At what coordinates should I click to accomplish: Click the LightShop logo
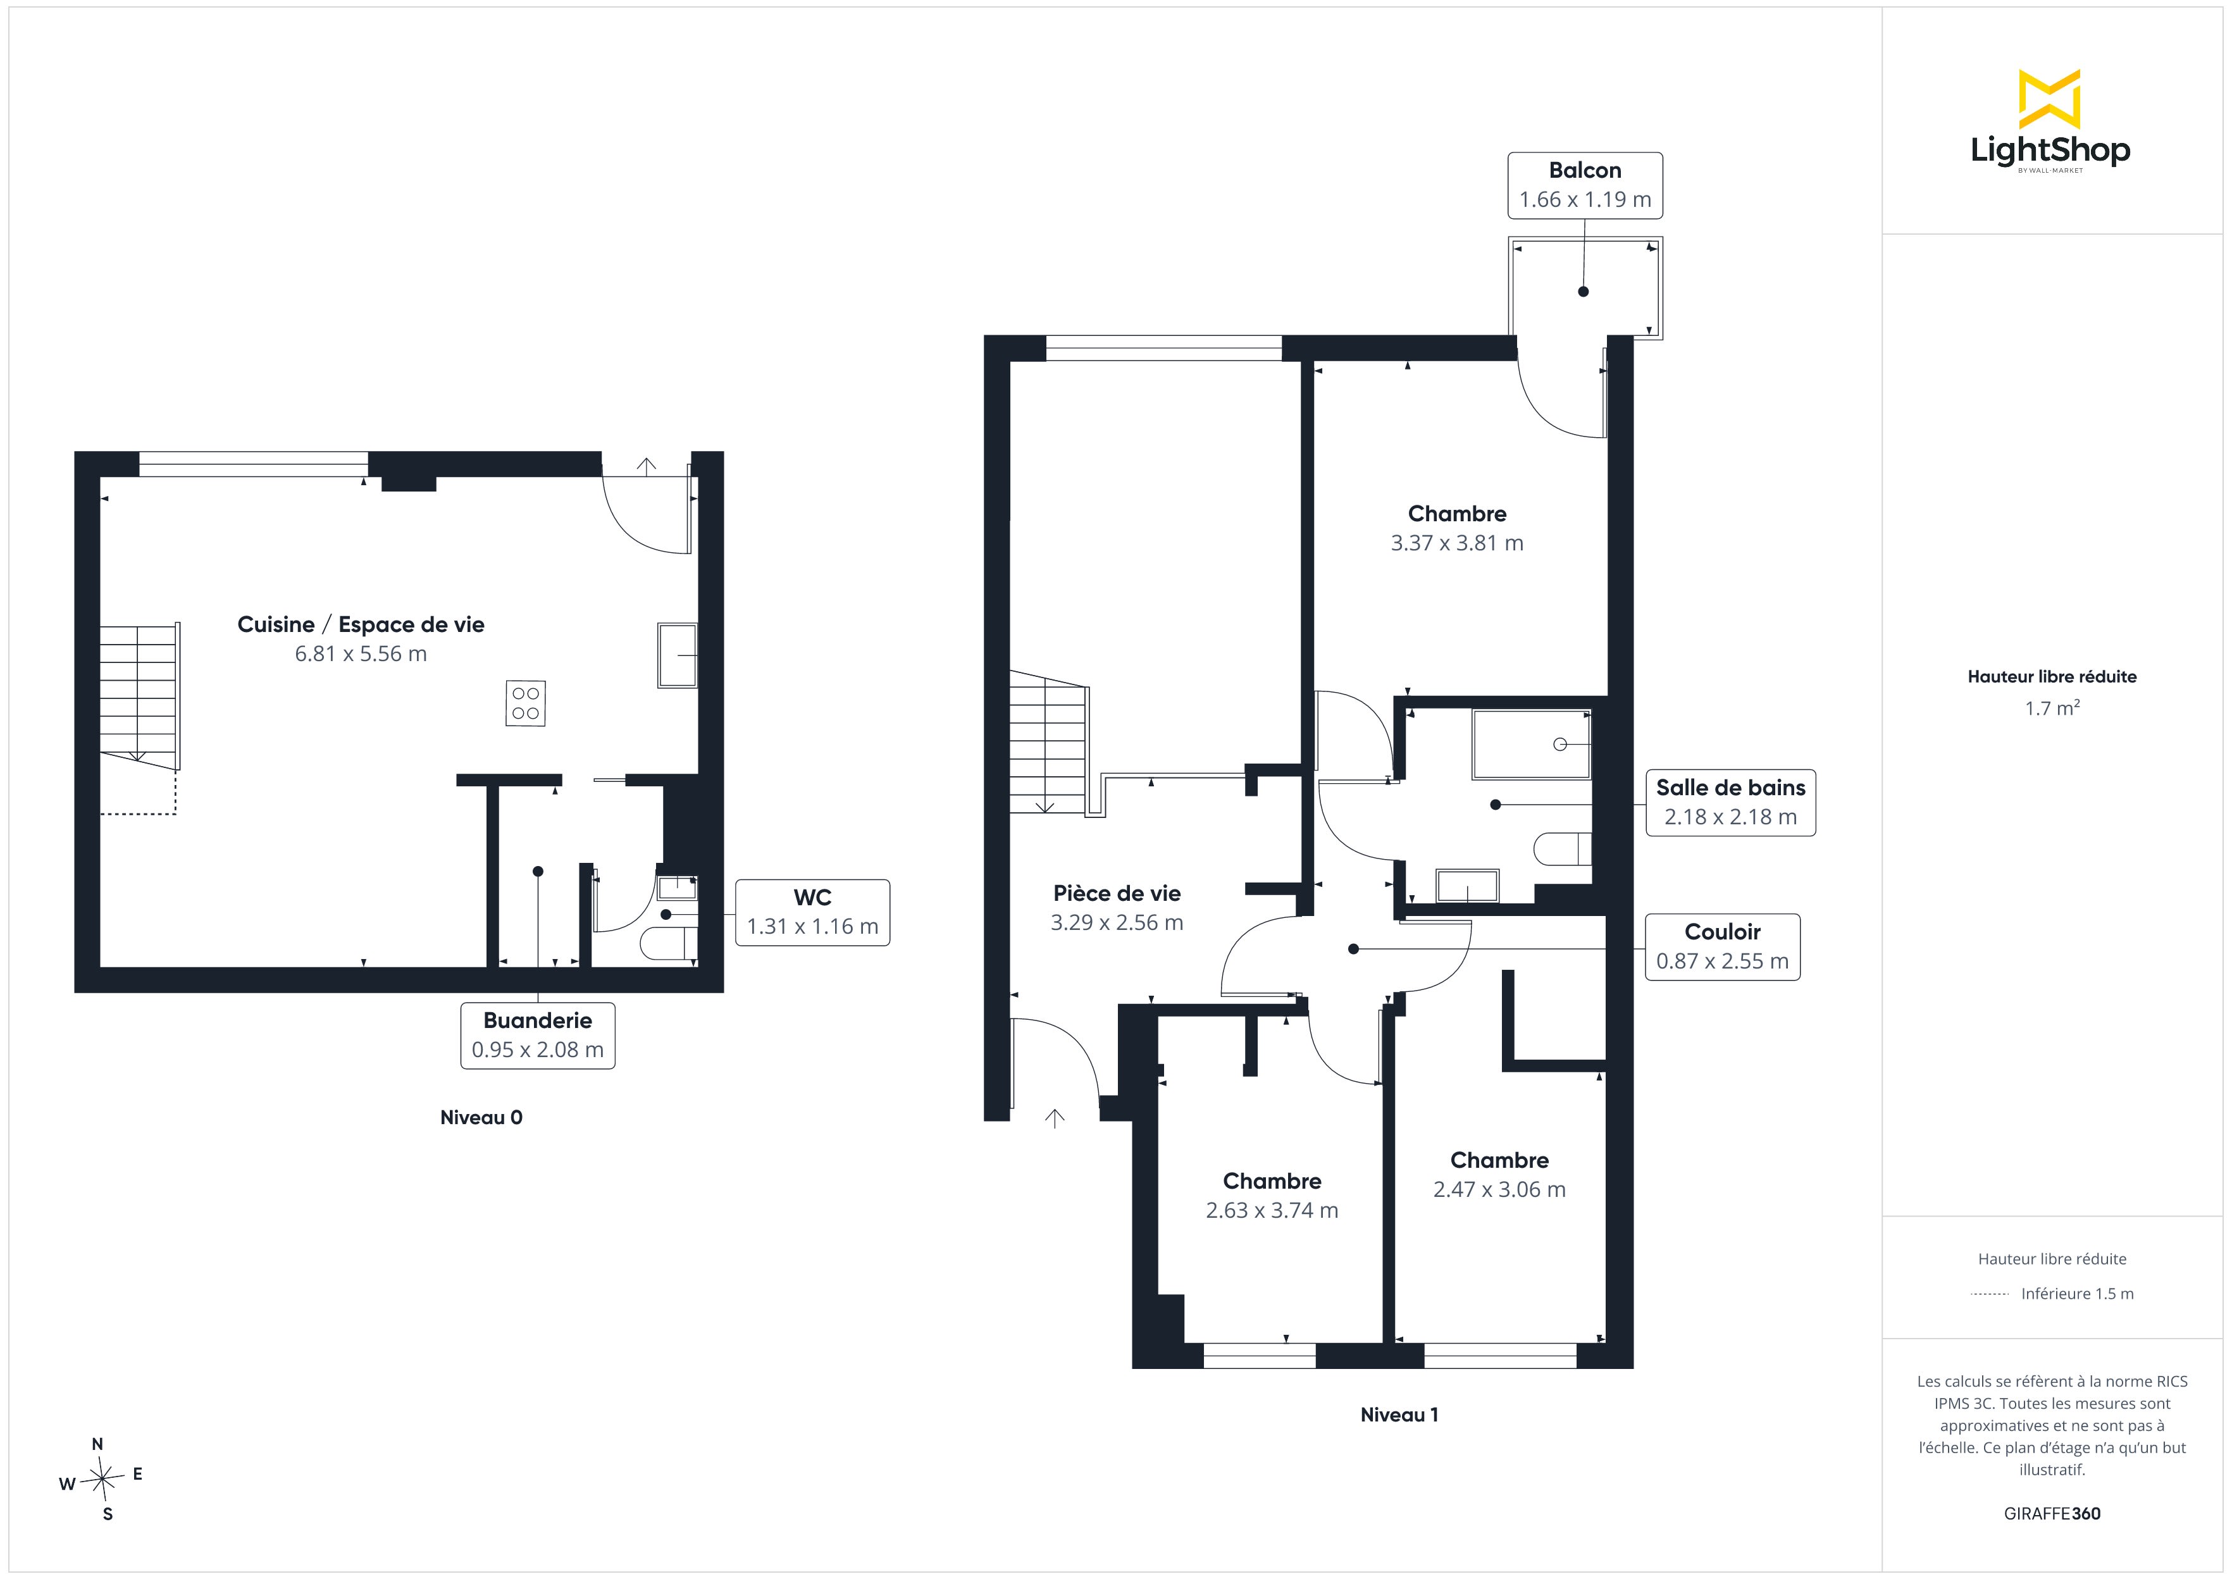(x=2050, y=121)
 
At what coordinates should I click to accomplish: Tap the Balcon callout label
(x=1585, y=185)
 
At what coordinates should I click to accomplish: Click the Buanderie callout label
(x=538, y=1036)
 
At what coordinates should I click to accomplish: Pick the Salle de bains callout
(x=1730, y=802)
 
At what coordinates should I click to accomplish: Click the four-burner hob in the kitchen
(x=526, y=703)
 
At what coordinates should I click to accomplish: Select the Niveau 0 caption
(x=481, y=1117)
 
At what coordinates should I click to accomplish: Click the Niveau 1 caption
(x=1399, y=1415)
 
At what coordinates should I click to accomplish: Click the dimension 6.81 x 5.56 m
(x=361, y=653)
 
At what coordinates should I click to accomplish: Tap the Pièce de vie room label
(x=1117, y=893)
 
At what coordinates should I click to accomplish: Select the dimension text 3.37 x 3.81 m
(x=1457, y=543)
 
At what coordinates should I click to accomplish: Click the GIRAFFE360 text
(x=2052, y=1514)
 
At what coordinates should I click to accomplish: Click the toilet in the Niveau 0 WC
(x=670, y=943)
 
